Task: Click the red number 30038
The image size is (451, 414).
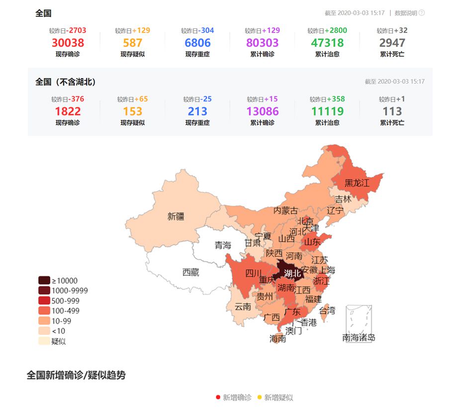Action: (68, 43)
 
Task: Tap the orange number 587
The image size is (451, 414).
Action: (132, 43)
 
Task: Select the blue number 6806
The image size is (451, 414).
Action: (197, 43)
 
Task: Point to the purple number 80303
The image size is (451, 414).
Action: (262, 43)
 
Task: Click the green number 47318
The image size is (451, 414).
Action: (327, 43)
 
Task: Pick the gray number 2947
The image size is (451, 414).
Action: (392, 43)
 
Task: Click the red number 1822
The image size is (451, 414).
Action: (68, 112)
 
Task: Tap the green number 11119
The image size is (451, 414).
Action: (327, 112)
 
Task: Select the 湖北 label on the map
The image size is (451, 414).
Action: (292, 273)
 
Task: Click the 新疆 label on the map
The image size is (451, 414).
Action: (176, 217)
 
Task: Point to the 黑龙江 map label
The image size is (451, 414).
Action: (357, 183)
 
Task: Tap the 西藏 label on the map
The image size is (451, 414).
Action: (191, 273)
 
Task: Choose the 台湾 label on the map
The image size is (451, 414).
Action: (327, 311)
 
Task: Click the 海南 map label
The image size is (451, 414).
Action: (277, 339)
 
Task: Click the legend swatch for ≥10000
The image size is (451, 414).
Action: (44, 280)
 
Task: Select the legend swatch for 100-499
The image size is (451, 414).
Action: (44, 311)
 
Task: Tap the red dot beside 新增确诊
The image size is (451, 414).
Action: (218, 398)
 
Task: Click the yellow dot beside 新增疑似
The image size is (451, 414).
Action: (259, 398)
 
